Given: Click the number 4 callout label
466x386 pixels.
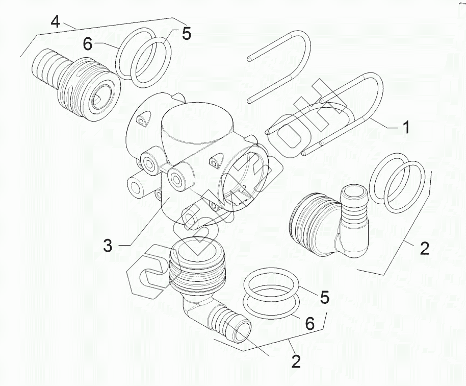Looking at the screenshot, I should pos(56,22).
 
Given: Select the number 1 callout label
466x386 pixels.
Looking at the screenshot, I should pos(406,127).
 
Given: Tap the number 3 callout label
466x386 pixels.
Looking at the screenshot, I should pos(107,245).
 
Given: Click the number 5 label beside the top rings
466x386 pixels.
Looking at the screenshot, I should pos(186,33).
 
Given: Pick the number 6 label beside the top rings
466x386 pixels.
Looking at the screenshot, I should pos(88,44).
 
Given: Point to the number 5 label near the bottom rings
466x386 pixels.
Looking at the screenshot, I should pos(324,297).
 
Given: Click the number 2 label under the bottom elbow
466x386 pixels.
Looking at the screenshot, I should pos(296,361).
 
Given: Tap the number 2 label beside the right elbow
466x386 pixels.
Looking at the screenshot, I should pos(424,249).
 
